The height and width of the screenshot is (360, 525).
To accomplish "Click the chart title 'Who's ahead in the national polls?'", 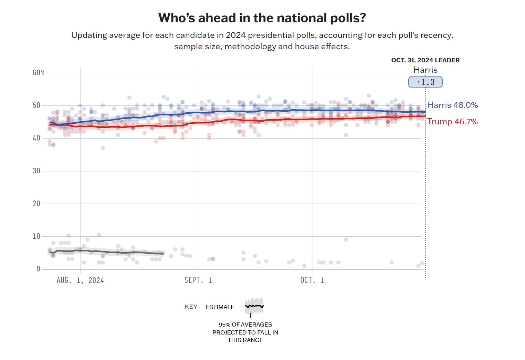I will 262,18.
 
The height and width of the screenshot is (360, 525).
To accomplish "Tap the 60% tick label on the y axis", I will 39,73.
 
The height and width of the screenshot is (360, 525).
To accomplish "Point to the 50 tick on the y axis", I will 36,105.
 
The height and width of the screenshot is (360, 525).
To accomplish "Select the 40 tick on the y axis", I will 36,138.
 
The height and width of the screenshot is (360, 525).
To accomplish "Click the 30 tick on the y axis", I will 36,171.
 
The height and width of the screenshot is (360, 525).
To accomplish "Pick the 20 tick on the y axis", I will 36,204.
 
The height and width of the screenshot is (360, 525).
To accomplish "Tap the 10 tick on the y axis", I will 36,236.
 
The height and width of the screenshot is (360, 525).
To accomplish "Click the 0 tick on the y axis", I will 38,269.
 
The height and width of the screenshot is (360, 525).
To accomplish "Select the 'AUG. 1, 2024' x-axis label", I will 80,280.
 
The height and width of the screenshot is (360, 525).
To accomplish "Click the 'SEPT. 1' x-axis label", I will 198,280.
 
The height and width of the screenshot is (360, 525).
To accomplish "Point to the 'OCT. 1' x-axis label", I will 312,280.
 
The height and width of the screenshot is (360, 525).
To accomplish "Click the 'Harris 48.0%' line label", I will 452,105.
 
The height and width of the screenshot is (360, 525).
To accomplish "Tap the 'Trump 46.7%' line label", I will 452,122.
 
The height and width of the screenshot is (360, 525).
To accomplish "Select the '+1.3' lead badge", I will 425,82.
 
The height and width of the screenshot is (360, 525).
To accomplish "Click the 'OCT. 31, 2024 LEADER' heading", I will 425,60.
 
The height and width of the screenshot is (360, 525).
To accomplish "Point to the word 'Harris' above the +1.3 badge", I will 425,70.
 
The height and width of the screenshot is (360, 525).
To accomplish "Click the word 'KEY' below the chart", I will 191,307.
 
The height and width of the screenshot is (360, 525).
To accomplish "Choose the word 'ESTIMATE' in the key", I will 220,307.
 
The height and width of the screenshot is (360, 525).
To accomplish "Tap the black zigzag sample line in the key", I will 254,306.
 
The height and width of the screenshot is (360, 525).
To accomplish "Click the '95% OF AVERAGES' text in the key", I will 245,325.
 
